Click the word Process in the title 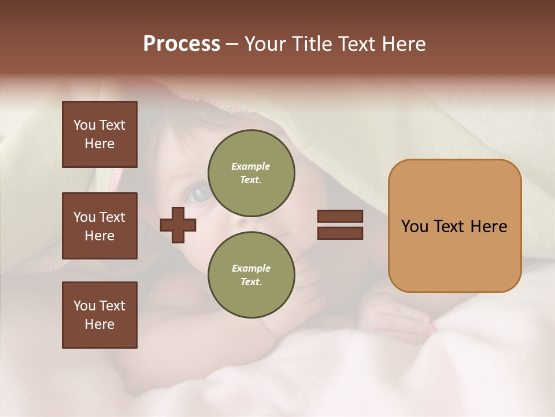click(x=182, y=44)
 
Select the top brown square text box click(x=99, y=134)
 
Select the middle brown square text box click(x=99, y=226)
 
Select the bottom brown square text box click(x=99, y=315)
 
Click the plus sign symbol click(x=178, y=225)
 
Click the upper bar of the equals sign click(x=340, y=216)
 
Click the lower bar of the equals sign click(x=340, y=233)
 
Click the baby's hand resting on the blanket click(x=399, y=319)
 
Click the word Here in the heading click(x=405, y=44)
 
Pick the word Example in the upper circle click(x=251, y=166)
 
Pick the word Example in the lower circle click(x=251, y=268)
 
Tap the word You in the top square click(x=84, y=125)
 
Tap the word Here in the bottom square click(x=99, y=324)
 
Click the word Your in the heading click(x=265, y=44)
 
